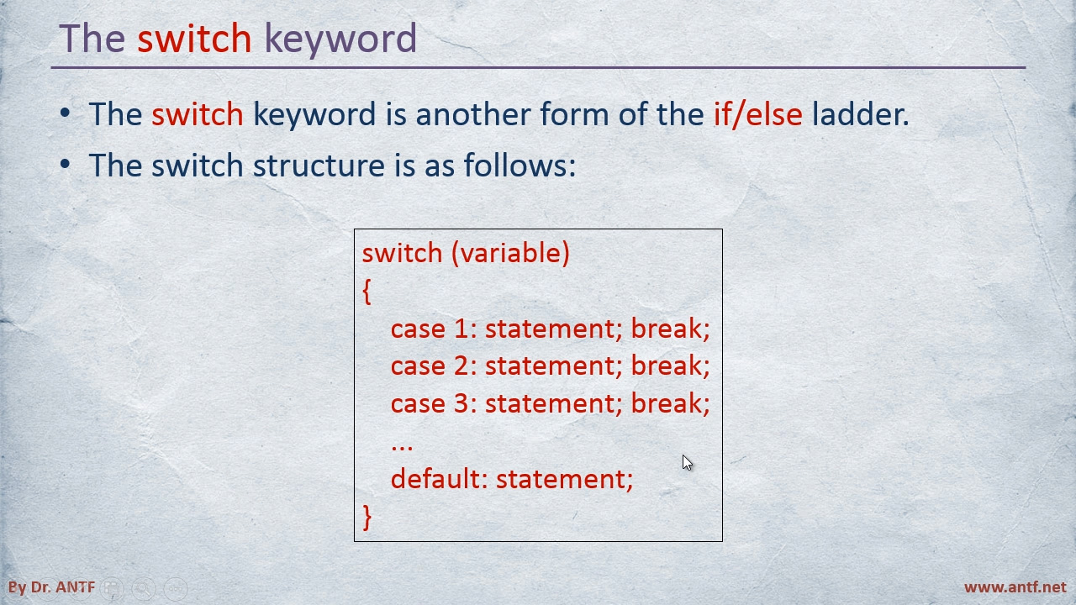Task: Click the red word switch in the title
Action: click(194, 38)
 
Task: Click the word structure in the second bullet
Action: click(319, 165)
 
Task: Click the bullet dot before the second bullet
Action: click(66, 164)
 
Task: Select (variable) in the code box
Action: click(510, 253)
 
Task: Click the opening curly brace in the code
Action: click(367, 292)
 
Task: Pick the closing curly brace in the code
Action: click(367, 517)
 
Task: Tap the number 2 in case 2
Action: click(462, 366)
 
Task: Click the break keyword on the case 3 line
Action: click(670, 402)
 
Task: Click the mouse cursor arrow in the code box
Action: click(687, 462)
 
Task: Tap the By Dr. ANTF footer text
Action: click(51, 587)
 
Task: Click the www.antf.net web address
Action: click(1015, 587)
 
